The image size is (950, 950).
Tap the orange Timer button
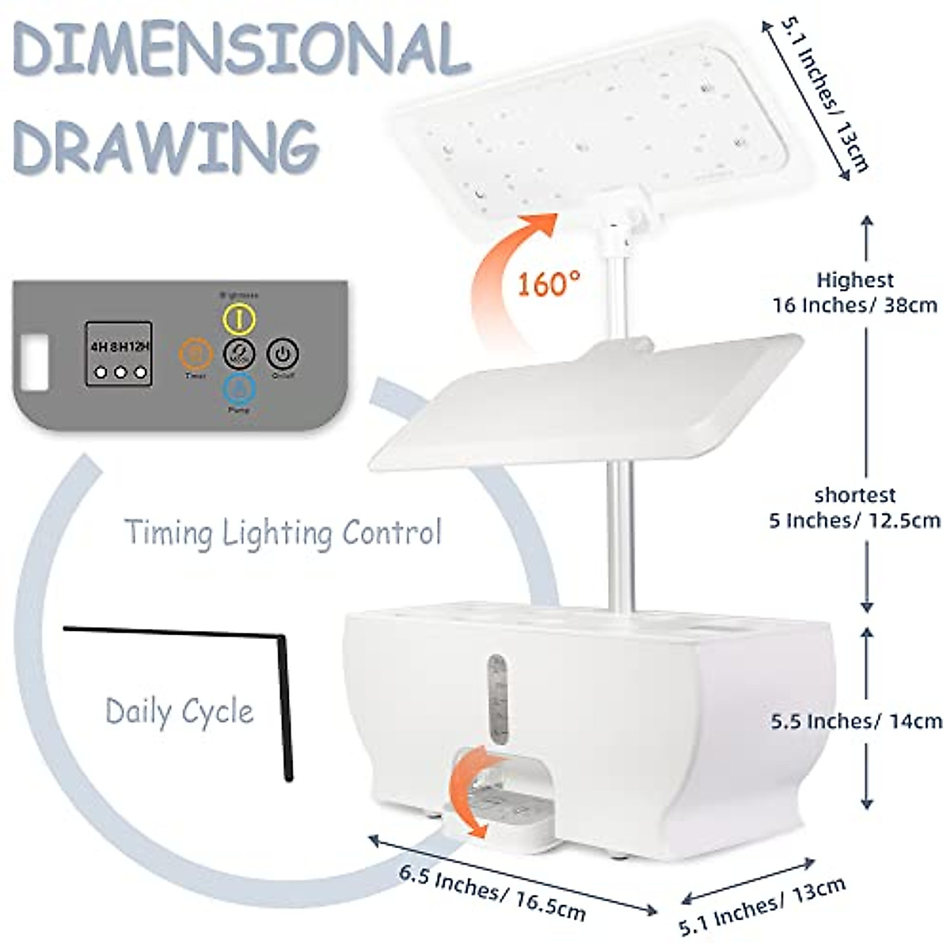pos(196,353)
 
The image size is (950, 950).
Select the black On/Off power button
pos(283,352)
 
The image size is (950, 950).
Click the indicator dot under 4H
pos(101,372)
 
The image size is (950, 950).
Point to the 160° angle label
pos(549,283)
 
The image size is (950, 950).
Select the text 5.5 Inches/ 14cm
pos(857,721)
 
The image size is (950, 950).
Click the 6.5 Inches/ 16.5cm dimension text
pos(492,892)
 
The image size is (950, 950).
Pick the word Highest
pos(855,280)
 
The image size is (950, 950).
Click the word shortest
pos(855,496)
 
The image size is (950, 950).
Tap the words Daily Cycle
pos(180,711)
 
